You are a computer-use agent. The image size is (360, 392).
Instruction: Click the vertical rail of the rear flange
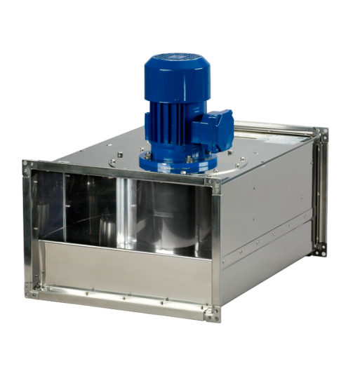pos(320,189)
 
